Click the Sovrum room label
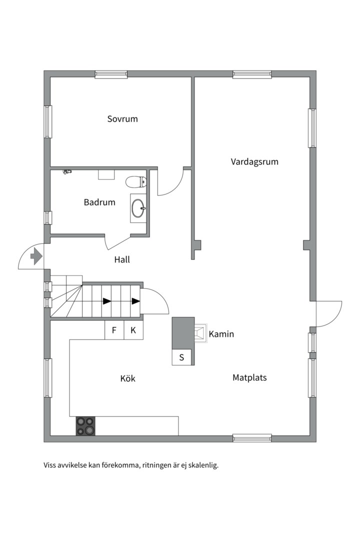tap(122, 119)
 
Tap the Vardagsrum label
tap(254, 162)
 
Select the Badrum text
tap(99, 202)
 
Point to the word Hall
tap(122, 259)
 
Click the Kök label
tap(128, 378)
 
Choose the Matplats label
tap(250, 377)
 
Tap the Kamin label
tap(221, 334)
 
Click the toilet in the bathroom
tap(136, 182)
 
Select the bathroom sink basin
tap(138, 208)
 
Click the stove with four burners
tap(85, 426)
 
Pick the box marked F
tap(114, 330)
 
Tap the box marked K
tap(133, 330)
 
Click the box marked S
tap(181, 357)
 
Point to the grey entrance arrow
tap(36, 256)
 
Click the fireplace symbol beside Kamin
tap(200, 333)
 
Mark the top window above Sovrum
tap(111, 74)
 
